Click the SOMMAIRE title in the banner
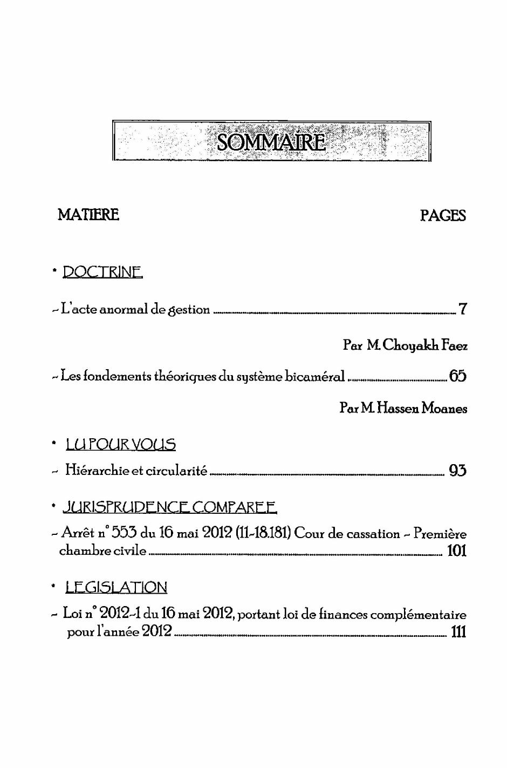coord(271,142)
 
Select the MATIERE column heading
coord(88,215)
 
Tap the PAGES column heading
coord(443,215)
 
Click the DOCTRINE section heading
coord(103,271)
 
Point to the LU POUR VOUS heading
coord(121,445)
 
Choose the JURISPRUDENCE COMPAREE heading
coord(170,507)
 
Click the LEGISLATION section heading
coord(117,587)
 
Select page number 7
coord(462,309)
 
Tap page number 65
coord(458,376)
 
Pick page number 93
coord(457,471)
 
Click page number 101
coord(457,551)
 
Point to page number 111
coord(458,631)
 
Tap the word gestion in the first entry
coord(189,310)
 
